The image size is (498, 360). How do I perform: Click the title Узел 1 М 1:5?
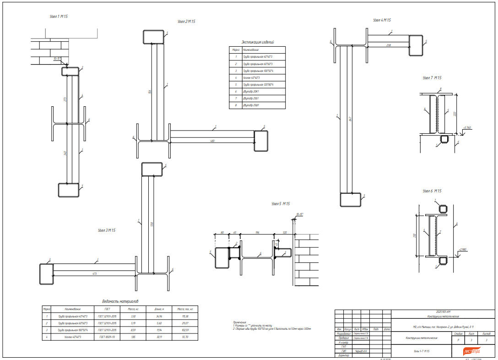59,16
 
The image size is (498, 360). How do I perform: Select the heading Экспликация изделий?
258,42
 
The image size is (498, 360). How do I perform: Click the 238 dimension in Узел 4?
389,45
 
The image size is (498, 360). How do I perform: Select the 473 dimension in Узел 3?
94,273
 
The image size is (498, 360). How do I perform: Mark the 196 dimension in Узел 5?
257,233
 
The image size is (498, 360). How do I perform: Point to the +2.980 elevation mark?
462,250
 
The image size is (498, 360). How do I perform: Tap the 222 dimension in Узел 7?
455,114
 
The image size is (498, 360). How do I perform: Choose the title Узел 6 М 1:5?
432,191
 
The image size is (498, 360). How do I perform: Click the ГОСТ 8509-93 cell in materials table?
107,337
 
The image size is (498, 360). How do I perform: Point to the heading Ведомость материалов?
120,301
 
